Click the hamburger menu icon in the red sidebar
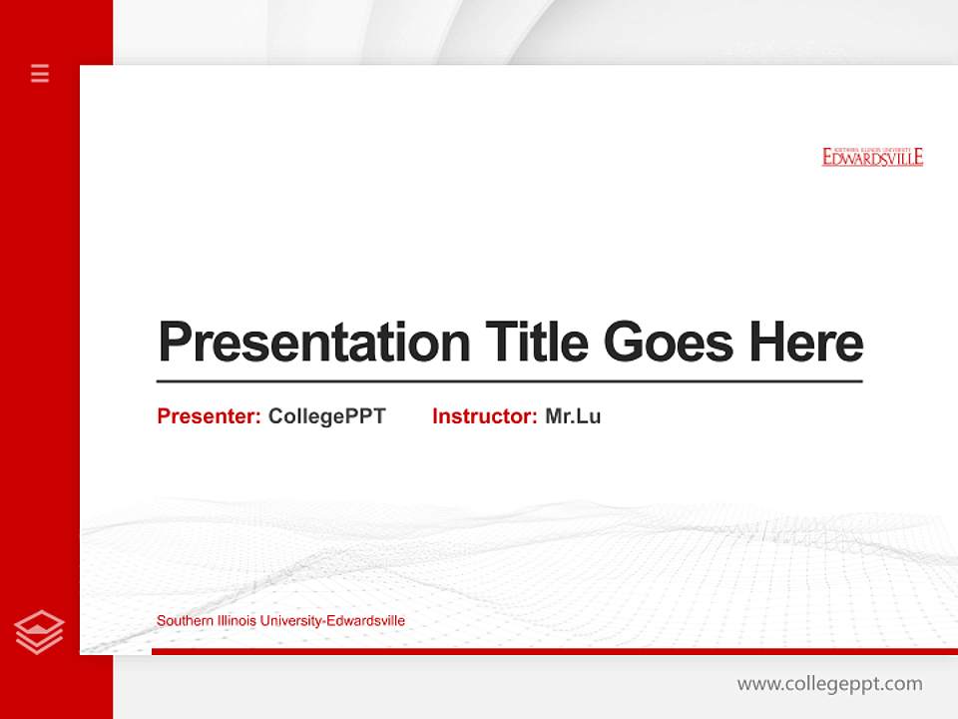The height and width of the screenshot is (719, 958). tap(40, 73)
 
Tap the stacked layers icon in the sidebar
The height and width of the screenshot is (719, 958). tap(40, 632)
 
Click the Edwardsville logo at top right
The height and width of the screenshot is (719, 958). tap(872, 156)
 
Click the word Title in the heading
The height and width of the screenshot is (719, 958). tap(536, 343)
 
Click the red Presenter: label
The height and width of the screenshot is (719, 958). tap(209, 416)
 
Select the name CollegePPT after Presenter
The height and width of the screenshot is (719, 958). tap(326, 416)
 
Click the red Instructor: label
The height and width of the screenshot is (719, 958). tap(484, 416)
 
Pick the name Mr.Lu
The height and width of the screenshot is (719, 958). tap(573, 416)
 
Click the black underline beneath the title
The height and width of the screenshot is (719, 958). tap(509, 380)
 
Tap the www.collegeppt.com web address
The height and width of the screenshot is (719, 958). tap(829, 684)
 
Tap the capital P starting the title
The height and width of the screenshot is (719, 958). tap(175, 343)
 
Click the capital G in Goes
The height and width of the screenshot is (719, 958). tap(622, 343)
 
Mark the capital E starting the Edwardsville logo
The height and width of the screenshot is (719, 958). tap(828, 158)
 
